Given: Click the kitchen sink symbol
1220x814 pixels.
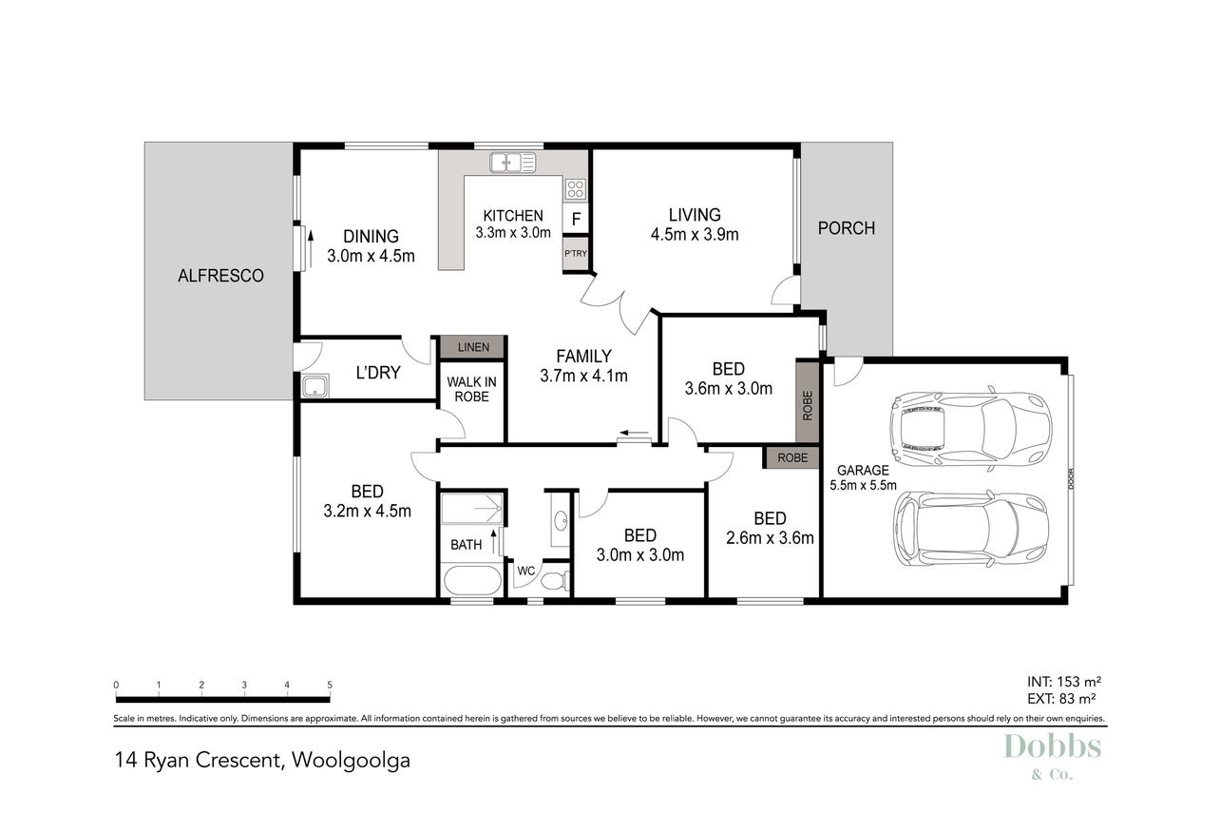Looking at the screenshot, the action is pyautogui.click(x=512, y=163).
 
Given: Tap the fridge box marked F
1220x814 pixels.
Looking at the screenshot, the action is pyautogui.click(x=576, y=219).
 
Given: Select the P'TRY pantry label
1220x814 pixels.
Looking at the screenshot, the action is pyautogui.click(x=576, y=254).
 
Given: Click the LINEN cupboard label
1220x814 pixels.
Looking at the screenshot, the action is pyautogui.click(x=473, y=347).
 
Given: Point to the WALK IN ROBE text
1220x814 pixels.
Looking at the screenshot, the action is pyautogui.click(x=471, y=389).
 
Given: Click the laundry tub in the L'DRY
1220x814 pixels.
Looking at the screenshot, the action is pyautogui.click(x=315, y=386).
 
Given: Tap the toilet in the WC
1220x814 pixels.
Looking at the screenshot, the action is pyautogui.click(x=556, y=580).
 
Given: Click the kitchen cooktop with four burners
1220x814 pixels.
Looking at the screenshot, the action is pyautogui.click(x=576, y=190).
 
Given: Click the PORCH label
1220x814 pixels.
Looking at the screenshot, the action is pyautogui.click(x=847, y=228).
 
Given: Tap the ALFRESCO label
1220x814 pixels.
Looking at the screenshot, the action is pyautogui.click(x=220, y=276).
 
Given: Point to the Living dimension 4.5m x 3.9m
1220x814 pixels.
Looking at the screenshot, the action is pyautogui.click(x=695, y=235).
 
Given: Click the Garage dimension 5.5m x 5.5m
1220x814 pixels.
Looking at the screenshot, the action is pyautogui.click(x=863, y=485).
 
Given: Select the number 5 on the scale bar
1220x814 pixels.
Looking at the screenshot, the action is pyautogui.click(x=330, y=685).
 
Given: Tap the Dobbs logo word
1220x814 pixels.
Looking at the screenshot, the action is pyautogui.click(x=1053, y=746).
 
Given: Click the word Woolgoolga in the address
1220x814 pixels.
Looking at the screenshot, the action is pyautogui.click(x=351, y=761).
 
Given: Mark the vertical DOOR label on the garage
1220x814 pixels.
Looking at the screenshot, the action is pyautogui.click(x=1072, y=479).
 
